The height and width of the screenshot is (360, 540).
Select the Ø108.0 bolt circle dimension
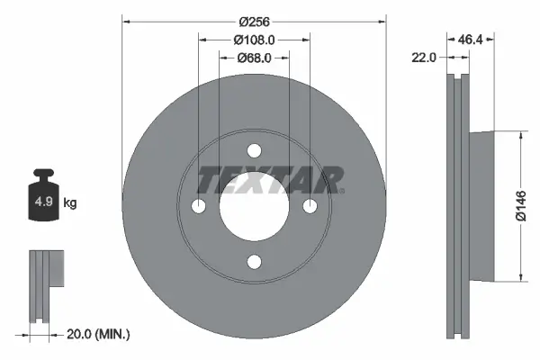pyautogui.click(x=254, y=40)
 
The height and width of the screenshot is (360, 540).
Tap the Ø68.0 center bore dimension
pyautogui.click(x=254, y=58)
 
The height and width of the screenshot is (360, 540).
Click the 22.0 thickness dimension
pyautogui.click(x=423, y=57)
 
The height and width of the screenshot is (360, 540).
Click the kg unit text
pyautogui.click(x=70, y=203)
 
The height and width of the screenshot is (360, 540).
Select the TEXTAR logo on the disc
pyautogui.click(x=270, y=180)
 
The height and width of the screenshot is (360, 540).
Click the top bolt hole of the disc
pyautogui.click(x=254, y=150)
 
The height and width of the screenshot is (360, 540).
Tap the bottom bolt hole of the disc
pyautogui.click(x=254, y=262)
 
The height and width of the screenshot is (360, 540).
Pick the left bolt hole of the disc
pyautogui.click(x=198, y=206)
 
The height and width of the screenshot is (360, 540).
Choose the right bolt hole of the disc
pyautogui.click(x=310, y=206)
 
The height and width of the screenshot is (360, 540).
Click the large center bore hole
pyautogui.click(x=254, y=206)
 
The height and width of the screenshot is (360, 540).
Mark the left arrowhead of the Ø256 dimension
pyautogui.click(x=125, y=20)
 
